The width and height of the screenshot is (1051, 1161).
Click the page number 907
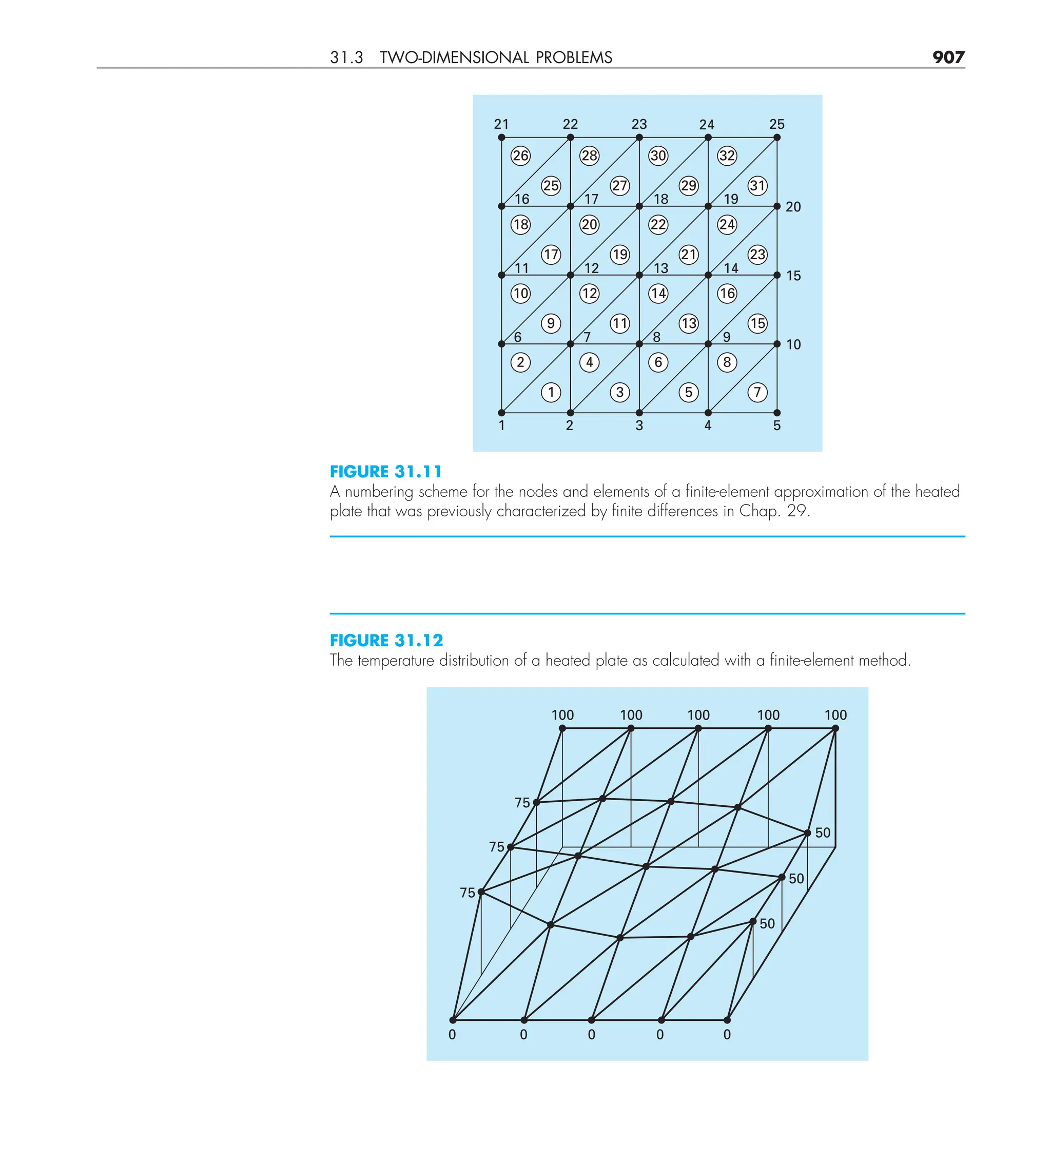(948, 57)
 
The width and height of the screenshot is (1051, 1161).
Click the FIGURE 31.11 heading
(385, 472)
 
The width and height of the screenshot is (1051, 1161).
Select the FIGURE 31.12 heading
(386, 641)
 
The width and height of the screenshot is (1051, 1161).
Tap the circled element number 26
(520, 156)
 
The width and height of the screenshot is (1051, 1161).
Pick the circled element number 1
(551, 392)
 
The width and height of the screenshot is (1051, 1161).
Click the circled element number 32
(727, 156)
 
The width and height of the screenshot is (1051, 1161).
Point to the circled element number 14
(658, 294)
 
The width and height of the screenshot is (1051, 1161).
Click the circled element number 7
(757, 392)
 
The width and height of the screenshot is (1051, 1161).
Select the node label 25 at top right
(776, 124)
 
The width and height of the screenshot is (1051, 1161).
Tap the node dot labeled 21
(501, 138)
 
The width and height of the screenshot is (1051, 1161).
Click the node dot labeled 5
(777, 413)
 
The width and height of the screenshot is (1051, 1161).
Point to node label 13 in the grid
(660, 268)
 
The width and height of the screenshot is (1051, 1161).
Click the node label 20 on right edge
(792, 207)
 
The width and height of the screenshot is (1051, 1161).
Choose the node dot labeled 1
(501, 413)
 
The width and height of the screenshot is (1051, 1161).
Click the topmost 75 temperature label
(522, 803)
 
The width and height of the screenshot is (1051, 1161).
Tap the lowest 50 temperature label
(767, 924)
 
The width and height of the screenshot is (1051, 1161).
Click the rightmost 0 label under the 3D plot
(727, 1035)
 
